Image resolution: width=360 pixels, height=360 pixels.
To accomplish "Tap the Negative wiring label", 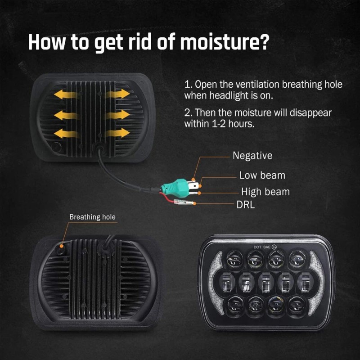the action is coord(252,156).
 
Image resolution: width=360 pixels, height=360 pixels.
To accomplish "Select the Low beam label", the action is coord(262,175).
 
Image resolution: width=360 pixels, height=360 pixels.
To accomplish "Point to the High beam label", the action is coord(265,192).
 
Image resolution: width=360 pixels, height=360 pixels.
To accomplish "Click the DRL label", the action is coord(246,205).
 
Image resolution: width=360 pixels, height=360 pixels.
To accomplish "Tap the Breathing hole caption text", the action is coord(93,217).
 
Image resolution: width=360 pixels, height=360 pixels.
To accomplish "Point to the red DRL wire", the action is coord(167,198).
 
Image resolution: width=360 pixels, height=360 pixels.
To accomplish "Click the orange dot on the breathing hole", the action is coord(62,246).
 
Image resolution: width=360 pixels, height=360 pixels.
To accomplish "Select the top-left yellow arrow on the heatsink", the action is coord(66,94).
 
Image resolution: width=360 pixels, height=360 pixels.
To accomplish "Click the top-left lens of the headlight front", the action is coord(234,260).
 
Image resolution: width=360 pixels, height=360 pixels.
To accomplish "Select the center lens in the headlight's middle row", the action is coord(266,282).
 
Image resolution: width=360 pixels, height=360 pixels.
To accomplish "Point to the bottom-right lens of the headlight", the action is coord(297,305).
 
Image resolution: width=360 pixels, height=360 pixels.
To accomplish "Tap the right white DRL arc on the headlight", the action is coord(317,283).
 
